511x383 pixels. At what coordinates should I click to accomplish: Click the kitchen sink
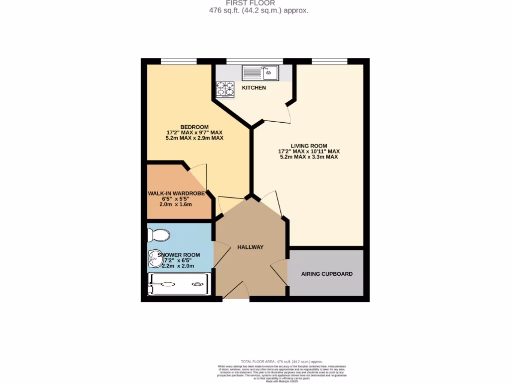point(260,73)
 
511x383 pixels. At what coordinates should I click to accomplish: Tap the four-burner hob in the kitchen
point(225,88)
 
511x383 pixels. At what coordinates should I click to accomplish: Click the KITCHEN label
point(254,88)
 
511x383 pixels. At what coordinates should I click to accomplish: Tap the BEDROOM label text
point(195,127)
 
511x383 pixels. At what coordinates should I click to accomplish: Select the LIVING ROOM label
point(309,145)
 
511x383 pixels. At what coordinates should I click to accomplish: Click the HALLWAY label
point(250,247)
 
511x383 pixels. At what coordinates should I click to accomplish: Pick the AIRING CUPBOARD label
point(327,274)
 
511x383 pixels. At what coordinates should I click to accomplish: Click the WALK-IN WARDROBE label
point(180,193)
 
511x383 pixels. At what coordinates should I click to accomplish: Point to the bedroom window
point(178,61)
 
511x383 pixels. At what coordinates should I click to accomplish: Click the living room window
point(329,61)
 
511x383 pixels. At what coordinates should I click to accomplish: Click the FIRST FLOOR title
point(257,3)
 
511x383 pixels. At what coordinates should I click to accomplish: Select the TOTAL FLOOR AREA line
point(281,362)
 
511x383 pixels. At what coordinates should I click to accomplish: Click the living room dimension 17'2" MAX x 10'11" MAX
point(309,151)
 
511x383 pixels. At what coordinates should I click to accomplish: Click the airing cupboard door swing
point(279,272)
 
